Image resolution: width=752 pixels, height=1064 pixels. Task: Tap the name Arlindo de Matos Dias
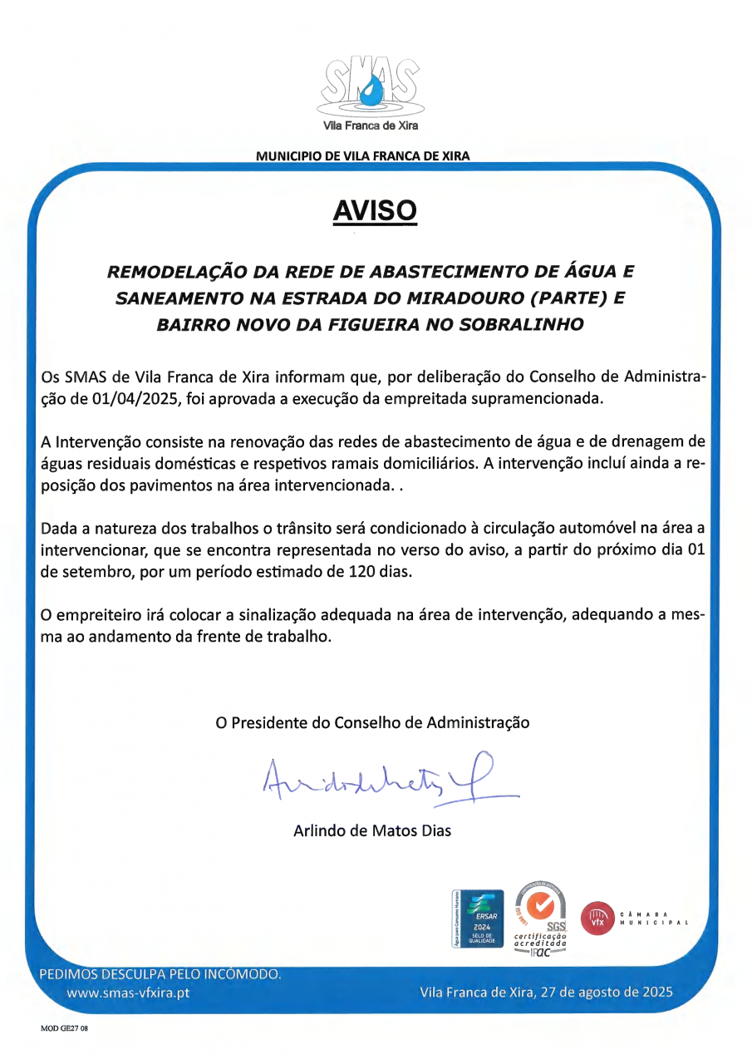(372, 830)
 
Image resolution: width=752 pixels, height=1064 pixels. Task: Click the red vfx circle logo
(597, 919)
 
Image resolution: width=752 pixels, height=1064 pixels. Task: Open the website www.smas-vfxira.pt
(129, 993)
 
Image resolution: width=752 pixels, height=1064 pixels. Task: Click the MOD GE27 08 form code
(64, 1028)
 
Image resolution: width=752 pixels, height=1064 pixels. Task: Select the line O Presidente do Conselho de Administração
(372, 722)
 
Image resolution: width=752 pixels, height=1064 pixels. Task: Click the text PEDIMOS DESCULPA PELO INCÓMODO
(161, 973)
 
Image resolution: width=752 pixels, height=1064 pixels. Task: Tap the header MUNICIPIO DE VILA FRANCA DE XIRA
(363, 156)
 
